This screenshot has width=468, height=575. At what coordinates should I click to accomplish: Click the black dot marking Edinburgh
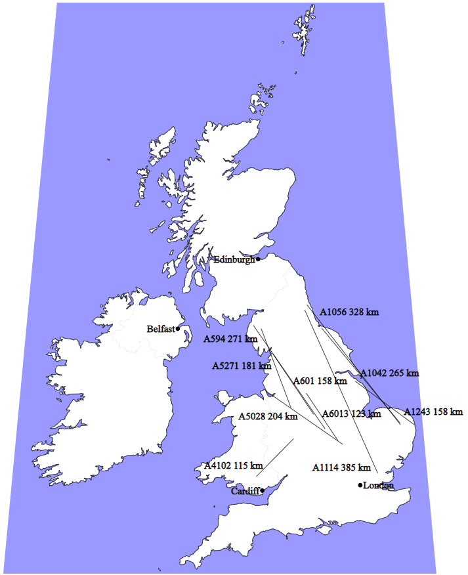pyautogui.click(x=258, y=259)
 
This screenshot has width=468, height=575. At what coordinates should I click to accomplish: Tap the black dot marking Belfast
pyautogui.click(x=178, y=329)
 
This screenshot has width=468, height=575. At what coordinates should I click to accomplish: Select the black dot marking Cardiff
pyautogui.click(x=262, y=490)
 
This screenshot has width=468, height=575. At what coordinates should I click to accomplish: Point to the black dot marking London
pyautogui.click(x=360, y=485)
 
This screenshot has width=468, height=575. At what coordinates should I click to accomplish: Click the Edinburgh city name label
pyautogui.click(x=234, y=259)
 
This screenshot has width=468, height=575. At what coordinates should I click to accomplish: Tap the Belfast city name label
pyautogui.click(x=161, y=329)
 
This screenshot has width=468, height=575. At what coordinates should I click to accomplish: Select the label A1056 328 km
pyautogui.click(x=349, y=312)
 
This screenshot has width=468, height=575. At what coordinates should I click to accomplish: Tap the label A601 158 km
pyautogui.click(x=320, y=381)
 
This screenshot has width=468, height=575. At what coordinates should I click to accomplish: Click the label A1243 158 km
pyautogui.click(x=433, y=412)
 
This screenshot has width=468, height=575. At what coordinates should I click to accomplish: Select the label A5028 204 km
pyautogui.click(x=268, y=416)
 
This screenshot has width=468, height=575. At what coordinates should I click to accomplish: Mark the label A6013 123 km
pyautogui.click(x=352, y=414)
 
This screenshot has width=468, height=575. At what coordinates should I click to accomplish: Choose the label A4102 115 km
pyautogui.click(x=234, y=465)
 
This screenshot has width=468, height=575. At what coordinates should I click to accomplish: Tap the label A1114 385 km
pyautogui.click(x=341, y=468)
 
